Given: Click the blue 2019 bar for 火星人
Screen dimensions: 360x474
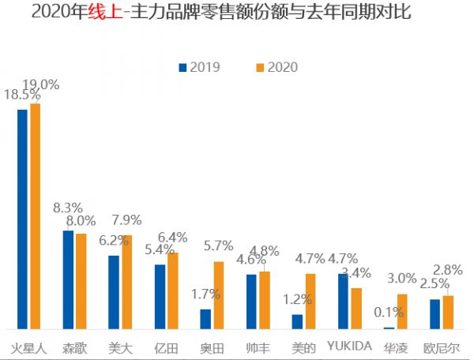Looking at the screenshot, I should [22, 219].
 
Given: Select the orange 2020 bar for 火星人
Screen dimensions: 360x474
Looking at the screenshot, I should [35, 216].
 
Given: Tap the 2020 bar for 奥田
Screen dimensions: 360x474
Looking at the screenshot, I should [219, 295].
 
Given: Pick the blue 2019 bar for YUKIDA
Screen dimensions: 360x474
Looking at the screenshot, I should [343, 301].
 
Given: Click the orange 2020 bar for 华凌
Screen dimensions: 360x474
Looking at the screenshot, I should [402, 311].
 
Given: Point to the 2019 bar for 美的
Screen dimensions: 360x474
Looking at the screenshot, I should [297, 321].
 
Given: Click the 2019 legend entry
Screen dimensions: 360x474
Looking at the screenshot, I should [200, 68].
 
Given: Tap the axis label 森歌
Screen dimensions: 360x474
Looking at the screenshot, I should [75, 347].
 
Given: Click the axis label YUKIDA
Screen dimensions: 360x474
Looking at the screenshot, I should [349, 347].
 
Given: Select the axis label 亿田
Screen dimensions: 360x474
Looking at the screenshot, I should [166, 347].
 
